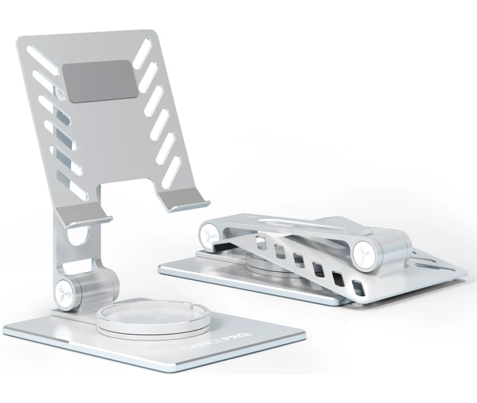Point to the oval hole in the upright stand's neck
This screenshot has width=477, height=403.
click(x=79, y=235)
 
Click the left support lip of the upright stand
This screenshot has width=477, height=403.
click(x=84, y=215)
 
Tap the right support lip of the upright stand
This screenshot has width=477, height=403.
click(x=183, y=199)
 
